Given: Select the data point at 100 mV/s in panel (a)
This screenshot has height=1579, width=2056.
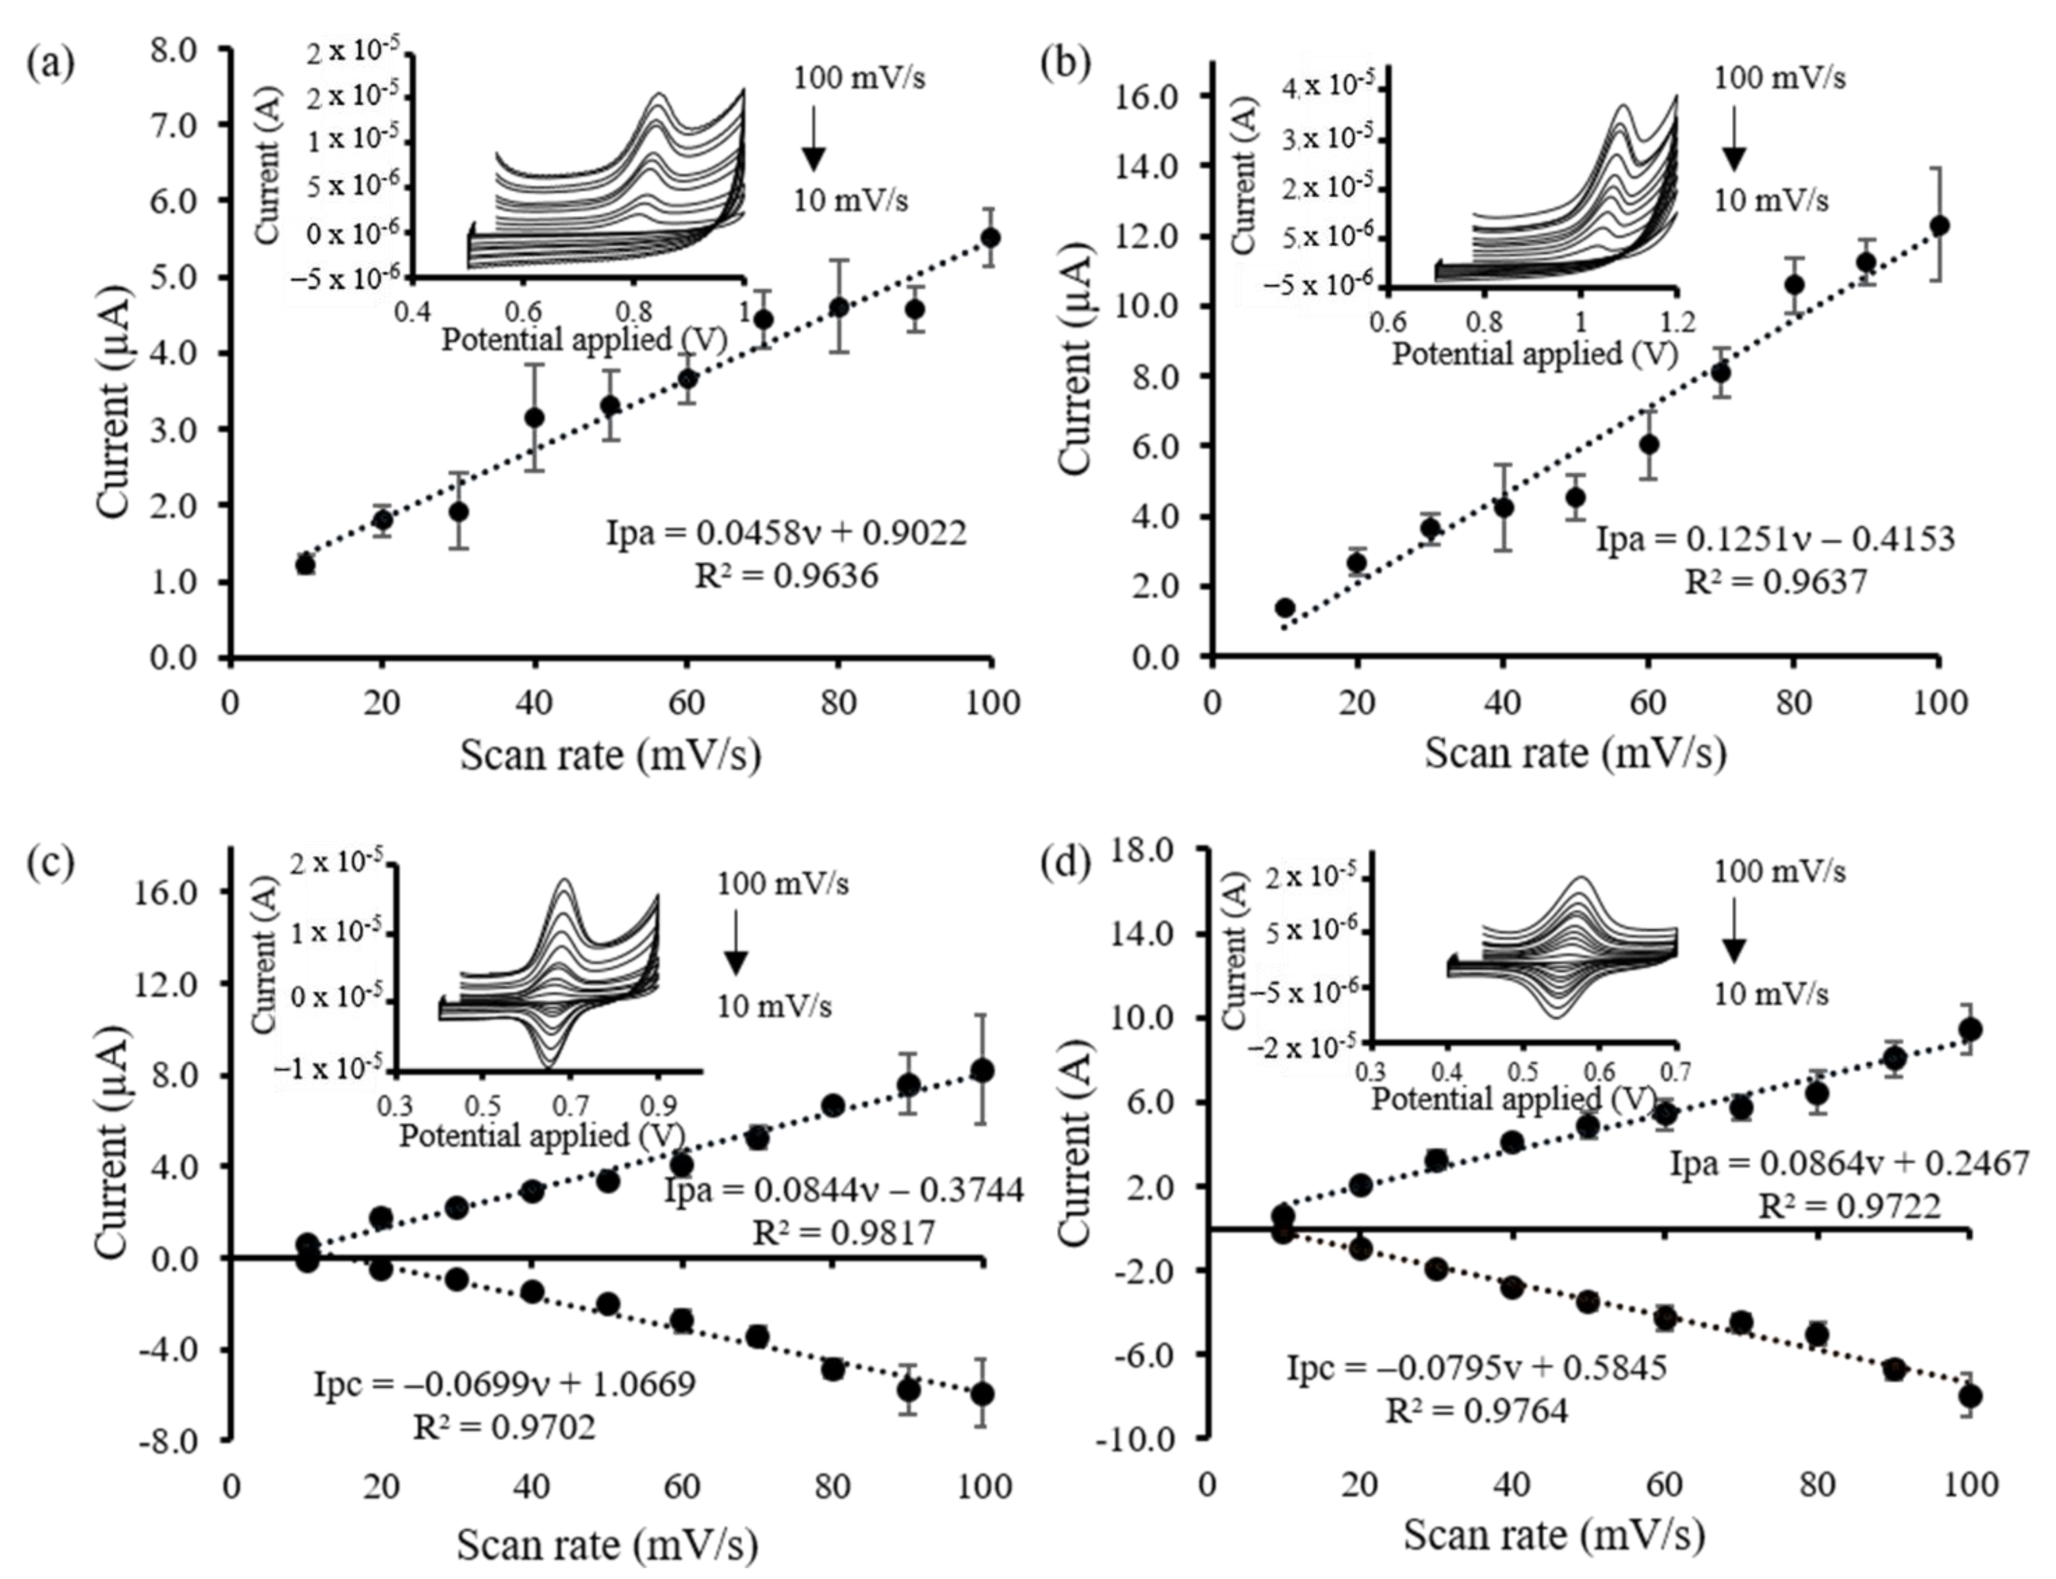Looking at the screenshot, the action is click(989, 238).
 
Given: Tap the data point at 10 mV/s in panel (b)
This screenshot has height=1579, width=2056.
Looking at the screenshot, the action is click(1285, 607).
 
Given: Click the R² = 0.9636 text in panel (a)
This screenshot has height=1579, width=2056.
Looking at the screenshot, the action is click(786, 575).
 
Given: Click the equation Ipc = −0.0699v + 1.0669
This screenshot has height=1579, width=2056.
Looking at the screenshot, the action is click(505, 1384).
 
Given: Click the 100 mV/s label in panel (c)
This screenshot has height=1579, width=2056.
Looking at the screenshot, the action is click(784, 884).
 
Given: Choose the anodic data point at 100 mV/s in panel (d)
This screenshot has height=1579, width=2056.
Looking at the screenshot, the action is click(1971, 1029).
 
